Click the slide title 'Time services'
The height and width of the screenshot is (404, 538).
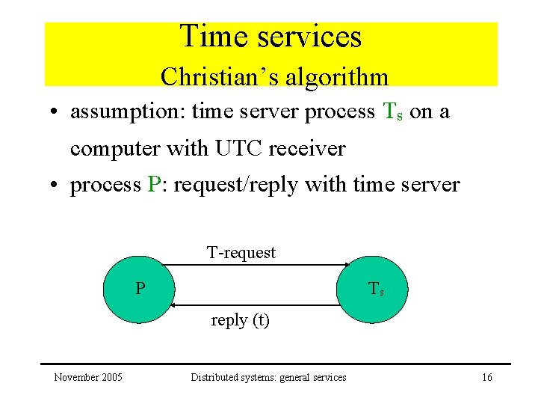(x=270, y=37)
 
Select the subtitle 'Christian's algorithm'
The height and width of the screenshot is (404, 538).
(x=274, y=76)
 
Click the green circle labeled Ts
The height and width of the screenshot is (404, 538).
(x=376, y=290)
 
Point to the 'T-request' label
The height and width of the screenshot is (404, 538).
(x=241, y=253)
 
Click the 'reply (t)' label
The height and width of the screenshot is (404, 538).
(x=240, y=320)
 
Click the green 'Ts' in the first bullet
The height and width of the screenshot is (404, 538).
(x=392, y=112)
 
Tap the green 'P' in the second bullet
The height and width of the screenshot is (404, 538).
(x=154, y=185)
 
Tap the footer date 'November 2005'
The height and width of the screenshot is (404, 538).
(x=88, y=377)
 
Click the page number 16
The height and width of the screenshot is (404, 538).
(x=486, y=377)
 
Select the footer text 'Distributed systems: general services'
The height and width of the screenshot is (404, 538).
(x=268, y=377)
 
